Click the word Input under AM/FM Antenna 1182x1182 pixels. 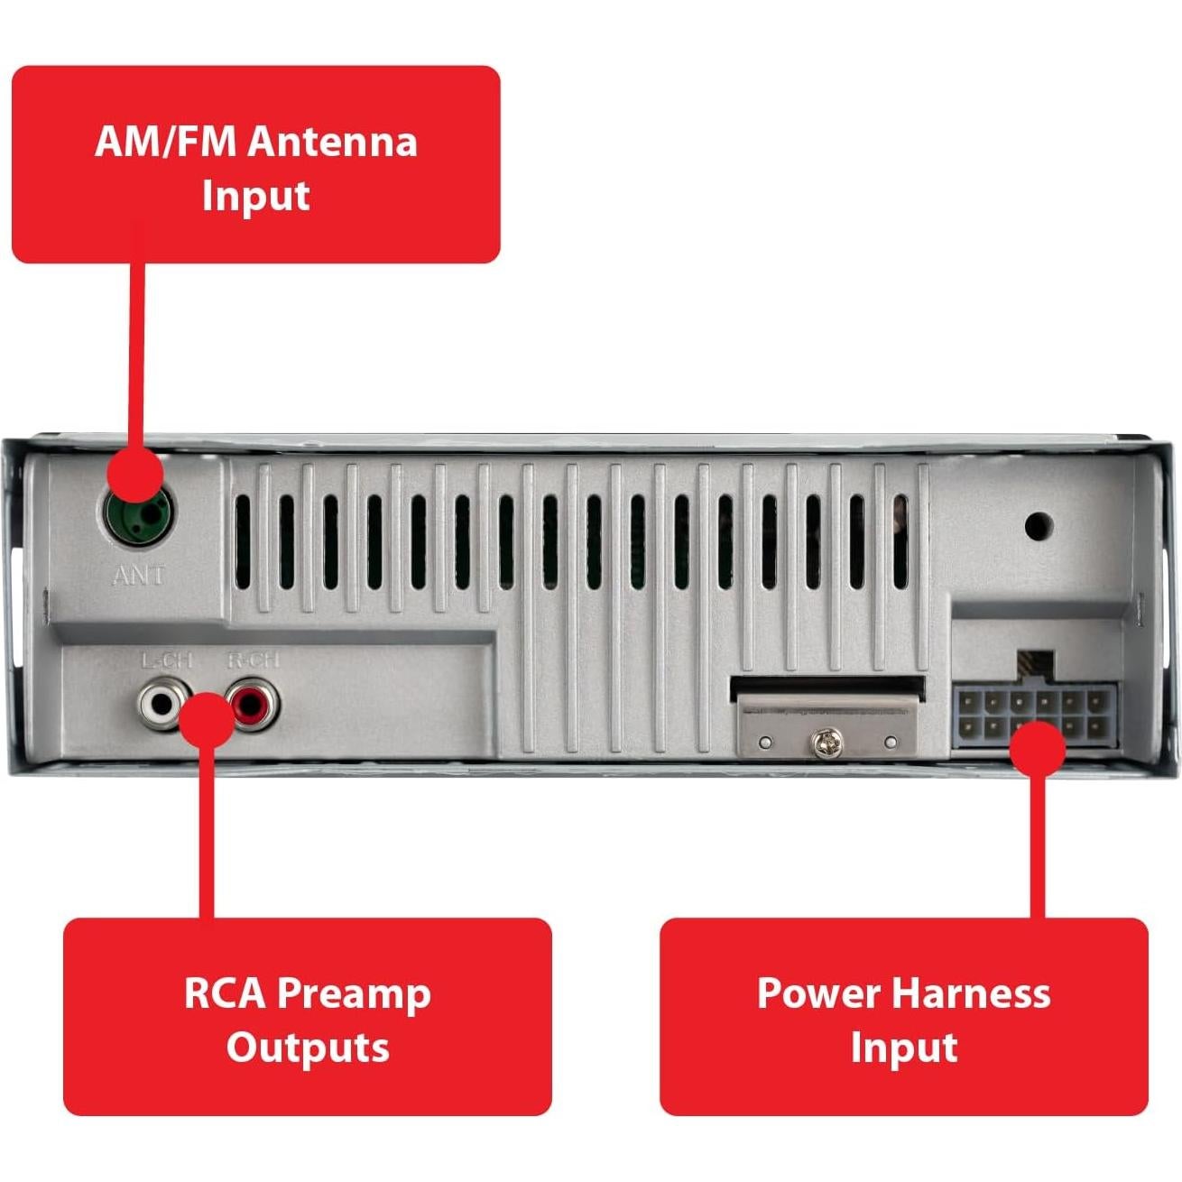(255, 196)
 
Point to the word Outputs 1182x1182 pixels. (307, 1048)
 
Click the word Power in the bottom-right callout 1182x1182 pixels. (817, 993)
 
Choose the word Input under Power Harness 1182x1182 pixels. (904, 1048)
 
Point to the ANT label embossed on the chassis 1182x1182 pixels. (139, 575)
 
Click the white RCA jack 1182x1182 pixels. (159, 703)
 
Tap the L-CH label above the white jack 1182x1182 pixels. (167, 660)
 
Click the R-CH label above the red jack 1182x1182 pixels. (253, 660)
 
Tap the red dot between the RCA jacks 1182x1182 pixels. (207, 719)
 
